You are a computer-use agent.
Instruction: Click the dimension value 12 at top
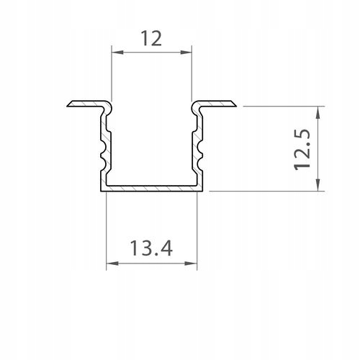pyautogui.click(x=151, y=39)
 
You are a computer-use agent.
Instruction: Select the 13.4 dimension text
pyautogui.click(x=151, y=248)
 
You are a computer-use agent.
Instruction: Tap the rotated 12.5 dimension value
pyautogui.click(x=303, y=148)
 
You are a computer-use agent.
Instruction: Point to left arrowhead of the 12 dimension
pyautogui.click(x=114, y=51)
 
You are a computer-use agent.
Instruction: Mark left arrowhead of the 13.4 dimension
pyautogui.click(x=110, y=264)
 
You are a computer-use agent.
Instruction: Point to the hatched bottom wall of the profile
pyautogui.click(x=151, y=189)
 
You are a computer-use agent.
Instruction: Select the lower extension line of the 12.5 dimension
pyautogui.click(x=266, y=191)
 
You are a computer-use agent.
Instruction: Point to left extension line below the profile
pyautogui.click(x=106, y=230)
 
